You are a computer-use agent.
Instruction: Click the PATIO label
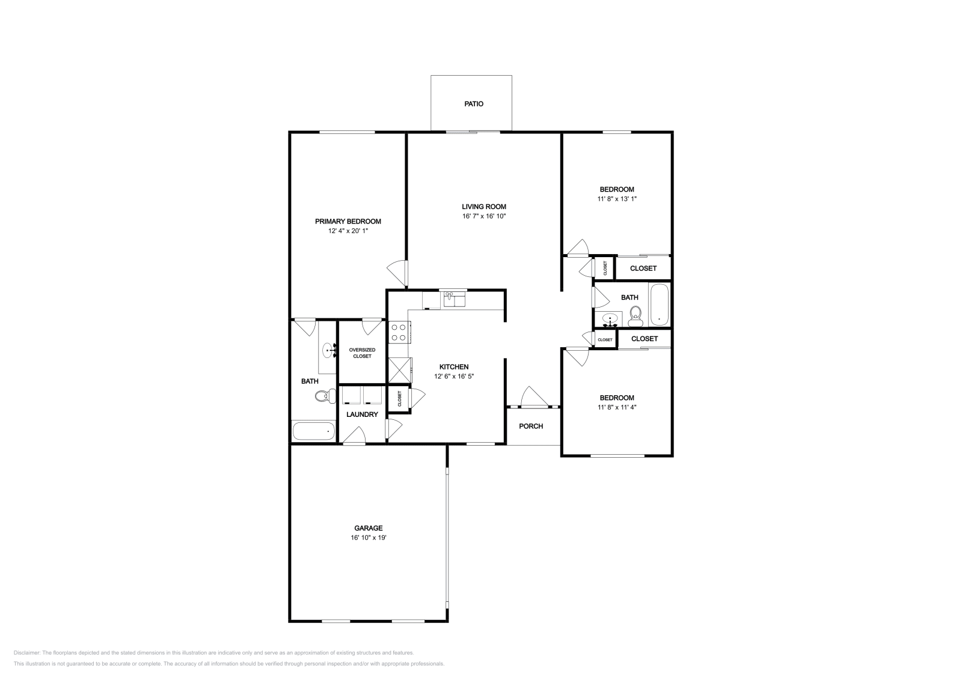click(x=473, y=104)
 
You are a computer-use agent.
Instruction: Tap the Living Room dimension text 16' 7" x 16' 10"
click(x=484, y=216)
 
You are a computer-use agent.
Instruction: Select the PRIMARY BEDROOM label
click(x=348, y=221)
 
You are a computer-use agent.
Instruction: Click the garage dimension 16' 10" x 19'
click(x=368, y=538)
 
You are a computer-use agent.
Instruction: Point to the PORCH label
click(x=530, y=427)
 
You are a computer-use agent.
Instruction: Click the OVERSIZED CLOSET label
click(x=362, y=353)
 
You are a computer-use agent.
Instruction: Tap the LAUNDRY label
click(x=362, y=414)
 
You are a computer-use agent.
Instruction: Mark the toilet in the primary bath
click(x=325, y=396)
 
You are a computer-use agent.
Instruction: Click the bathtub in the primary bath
click(x=313, y=431)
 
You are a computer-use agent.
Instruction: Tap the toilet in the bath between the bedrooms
click(x=635, y=314)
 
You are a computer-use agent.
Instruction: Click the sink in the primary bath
click(x=329, y=349)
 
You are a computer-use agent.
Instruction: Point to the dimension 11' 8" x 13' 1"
click(x=616, y=199)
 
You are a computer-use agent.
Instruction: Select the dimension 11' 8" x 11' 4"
click(x=616, y=407)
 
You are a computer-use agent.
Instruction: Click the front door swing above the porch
click(x=532, y=397)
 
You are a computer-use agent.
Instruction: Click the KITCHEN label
click(x=453, y=367)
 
